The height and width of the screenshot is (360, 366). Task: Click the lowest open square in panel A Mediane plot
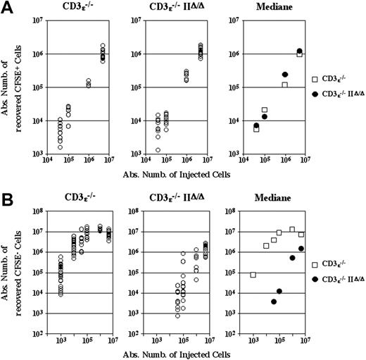pyautogui.click(x=256, y=129)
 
